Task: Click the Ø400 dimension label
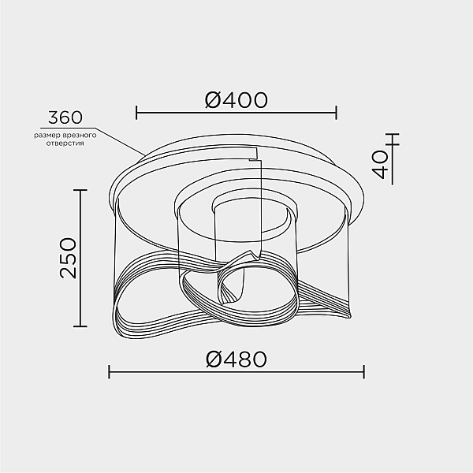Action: (x=236, y=100)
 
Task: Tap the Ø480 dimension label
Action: (x=236, y=359)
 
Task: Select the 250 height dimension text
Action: (x=68, y=258)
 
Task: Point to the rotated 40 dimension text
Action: (x=380, y=165)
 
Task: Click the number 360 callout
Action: (x=65, y=117)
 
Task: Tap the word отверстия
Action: (x=65, y=143)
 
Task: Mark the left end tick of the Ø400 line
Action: (x=136, y=113)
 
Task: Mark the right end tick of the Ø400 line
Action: (x=336, y=113)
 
